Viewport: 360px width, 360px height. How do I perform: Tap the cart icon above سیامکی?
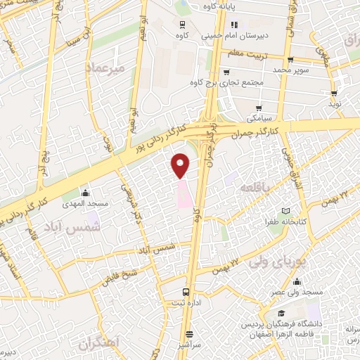259,108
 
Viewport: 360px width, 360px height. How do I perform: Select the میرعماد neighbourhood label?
105,68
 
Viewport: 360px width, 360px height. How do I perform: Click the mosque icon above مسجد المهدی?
86,193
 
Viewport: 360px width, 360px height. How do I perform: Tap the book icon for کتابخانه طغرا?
285,210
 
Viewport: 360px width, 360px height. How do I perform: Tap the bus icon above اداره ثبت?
186,292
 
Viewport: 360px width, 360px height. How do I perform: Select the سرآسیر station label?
189,346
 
